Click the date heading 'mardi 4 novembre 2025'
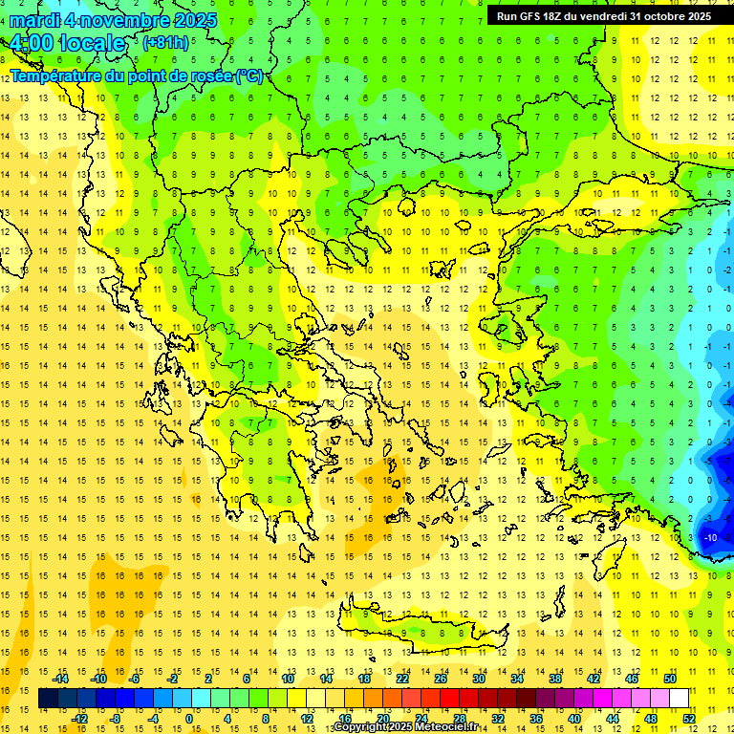pyautogui.click(x=113, y=20)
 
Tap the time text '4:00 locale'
pyautogui.click(x=67, y=43)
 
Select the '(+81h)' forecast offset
pyautogui.click(x=165, y=42)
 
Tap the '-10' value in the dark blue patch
pyautogui.click(x=710, y=537)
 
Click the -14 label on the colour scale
pyautogui.click(x=62, y=679)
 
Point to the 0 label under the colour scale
pyautogui.click(x=188, y=719)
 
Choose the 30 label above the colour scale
pyautogui.click(x=478, y=679)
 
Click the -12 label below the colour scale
pyautogui.click(x=81, y=719)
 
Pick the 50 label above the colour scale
pyautogui.click(x=670, y=679)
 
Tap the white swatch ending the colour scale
pyautogui.click(x=680, y=699)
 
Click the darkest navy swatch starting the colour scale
pyautogui.click(x=48, y=699)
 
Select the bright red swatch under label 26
pyautogui.click(x=449, y=699)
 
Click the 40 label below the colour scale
pyautogui.click(x=574, y=719)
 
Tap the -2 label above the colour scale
pyautogui.click(x=173, y=679)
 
